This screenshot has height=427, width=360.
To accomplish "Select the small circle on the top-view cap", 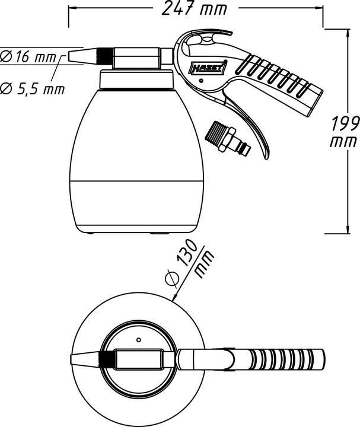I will pyautogui.click(x=138, y=340).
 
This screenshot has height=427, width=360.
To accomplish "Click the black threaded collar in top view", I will pyautogui.click(x=107, y=359).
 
